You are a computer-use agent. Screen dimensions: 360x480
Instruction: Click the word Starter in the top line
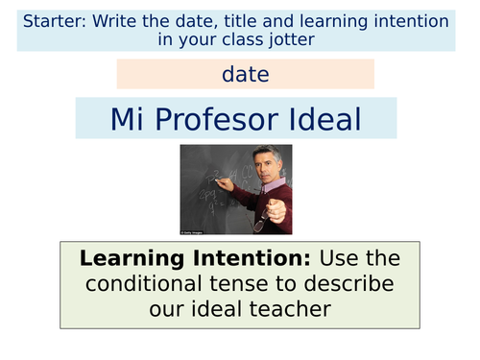[x=54, y=18]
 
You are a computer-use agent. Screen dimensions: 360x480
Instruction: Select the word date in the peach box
[x=245, y=74]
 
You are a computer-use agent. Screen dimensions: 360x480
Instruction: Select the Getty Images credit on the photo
[x=193, y=230]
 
